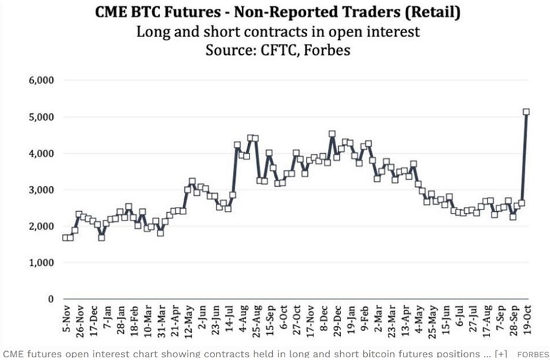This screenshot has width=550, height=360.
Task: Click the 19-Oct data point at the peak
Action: pos(527,111)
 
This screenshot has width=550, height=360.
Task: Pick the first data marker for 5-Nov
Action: pos(65,238)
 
